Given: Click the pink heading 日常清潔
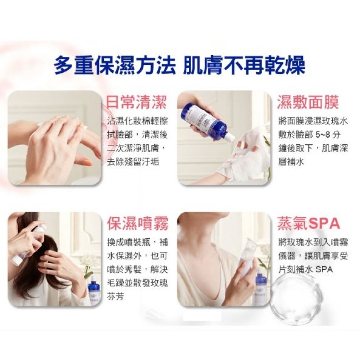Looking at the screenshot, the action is [137, 102].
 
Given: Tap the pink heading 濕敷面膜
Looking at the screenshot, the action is [308, 102].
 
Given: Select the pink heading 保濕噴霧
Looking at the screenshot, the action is [138, 223].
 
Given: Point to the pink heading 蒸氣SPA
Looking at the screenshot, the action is [309, 223].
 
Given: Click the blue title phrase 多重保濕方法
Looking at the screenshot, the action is [114, 64].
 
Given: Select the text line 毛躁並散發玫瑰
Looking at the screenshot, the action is [137, 283].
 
